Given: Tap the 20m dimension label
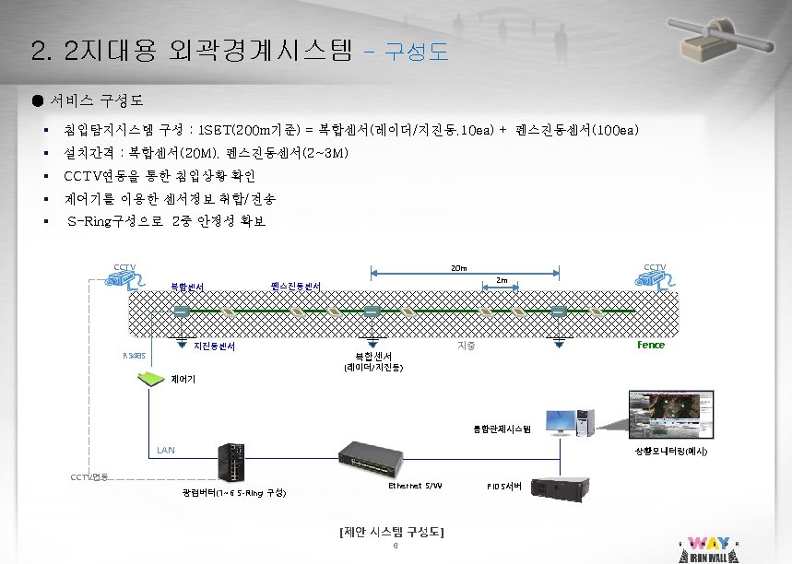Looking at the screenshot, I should (458, 268).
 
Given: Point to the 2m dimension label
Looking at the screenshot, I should (502, 279).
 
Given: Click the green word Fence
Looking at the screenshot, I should (650, 345).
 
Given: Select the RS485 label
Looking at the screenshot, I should (134, 355).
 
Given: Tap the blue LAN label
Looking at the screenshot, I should (165, 450).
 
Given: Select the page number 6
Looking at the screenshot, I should (395, 545).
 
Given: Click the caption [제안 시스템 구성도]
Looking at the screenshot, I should (392, 532).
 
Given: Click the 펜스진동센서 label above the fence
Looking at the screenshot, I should (296, 286).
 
